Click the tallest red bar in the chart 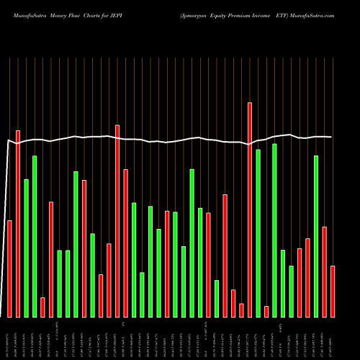click(250, 209)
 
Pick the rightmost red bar click(333, 291)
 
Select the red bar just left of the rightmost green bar click(307, 277)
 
